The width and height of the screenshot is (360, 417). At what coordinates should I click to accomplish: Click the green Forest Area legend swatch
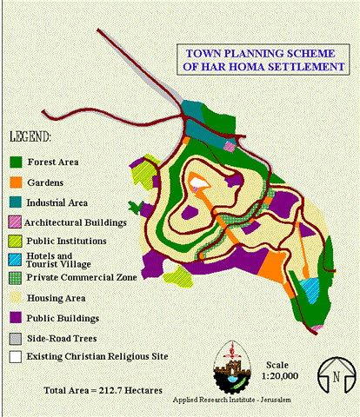pyautogui.click(x=15, y=162)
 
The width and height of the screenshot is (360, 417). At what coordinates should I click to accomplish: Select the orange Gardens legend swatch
pyautogui.click(x=15, y=182)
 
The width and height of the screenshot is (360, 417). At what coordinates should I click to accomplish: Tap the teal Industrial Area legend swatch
pyautogui.click(x=15, y=202)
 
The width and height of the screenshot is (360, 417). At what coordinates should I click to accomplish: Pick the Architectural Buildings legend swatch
pyautogui.click(x=15, y=222)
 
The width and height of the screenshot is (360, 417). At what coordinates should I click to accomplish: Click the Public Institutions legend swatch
pyautogui.click(x=15, y=241)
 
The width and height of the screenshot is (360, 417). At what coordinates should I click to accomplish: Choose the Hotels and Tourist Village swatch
pyautogui.click(x=15, y=260)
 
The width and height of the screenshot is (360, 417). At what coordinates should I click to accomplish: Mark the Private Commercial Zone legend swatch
pyautogui.click(x=15, y=278)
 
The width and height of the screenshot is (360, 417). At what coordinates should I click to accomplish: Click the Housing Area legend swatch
pyautogui.click(x=15, y=298)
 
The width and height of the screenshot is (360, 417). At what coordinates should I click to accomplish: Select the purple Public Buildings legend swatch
pyautogui.click(x=15, y=317)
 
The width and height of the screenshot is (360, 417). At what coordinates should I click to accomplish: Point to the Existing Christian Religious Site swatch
pyautogui.click(x=15, y=355)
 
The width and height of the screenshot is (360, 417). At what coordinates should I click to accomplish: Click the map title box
pyautogui.click(x=257, y=58)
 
